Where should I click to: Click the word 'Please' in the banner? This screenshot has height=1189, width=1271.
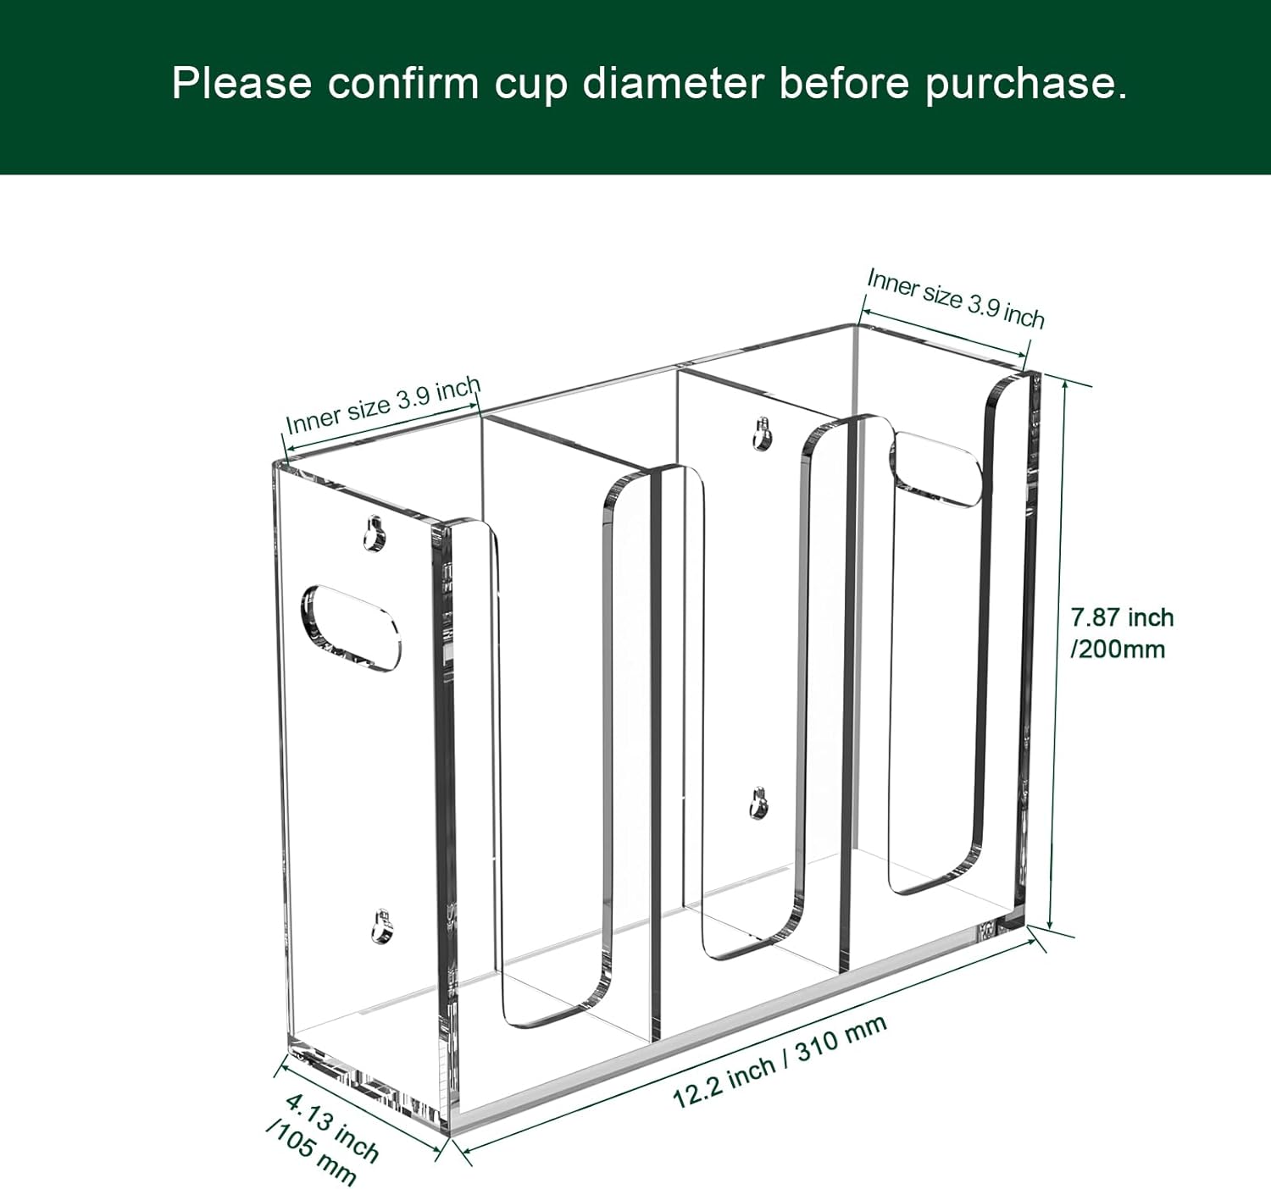pos(241,83)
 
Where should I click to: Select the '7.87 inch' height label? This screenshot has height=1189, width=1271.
pos(1122,617)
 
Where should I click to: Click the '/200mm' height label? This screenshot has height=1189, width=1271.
pos(1118,650)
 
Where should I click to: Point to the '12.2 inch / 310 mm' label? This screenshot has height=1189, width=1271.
pos(780,1060)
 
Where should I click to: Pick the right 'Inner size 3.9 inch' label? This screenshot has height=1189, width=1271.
pos(955,298)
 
